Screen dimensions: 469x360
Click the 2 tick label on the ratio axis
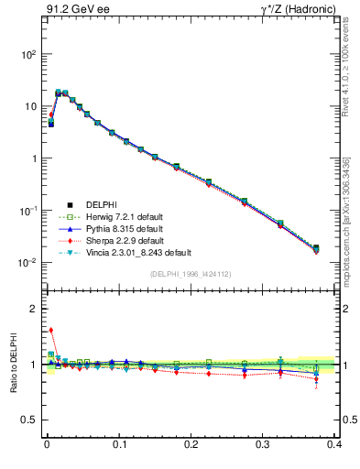coord(32,309)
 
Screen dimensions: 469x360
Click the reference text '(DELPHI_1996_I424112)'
coord(191,273)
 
